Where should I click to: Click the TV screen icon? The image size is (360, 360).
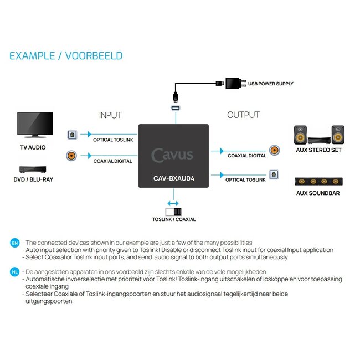pyautogui.click(x=35, y=125)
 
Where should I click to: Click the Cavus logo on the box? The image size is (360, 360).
pyautogui.click(x=173, y=155)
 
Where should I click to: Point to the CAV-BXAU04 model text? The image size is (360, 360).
pyautogui.click(x=173, y=179)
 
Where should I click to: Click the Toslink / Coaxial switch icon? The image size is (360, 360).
pyautogui.click(x=173, y=211)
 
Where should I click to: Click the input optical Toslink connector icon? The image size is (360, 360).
pyautogui.click(x=71, y=135)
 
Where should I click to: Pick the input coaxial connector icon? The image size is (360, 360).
pyautogui.click(x=71, y=156)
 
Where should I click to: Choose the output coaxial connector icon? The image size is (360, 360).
pyautogui.click(x=274, y=150)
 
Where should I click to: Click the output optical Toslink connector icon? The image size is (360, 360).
pyautogui.click(x=274, y=174)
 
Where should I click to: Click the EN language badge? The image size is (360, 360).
pyautogui.click(x=14, y=243)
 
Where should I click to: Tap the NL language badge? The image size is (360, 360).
pyautogui.click(x=14, y=271)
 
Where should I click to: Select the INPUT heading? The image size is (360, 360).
pyautogui.click(x=110, y=115)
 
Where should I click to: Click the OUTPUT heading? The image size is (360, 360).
pyautogui.click(x=243, y=115)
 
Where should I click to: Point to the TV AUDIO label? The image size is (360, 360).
pyautogui.click(x=33, y=148)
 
